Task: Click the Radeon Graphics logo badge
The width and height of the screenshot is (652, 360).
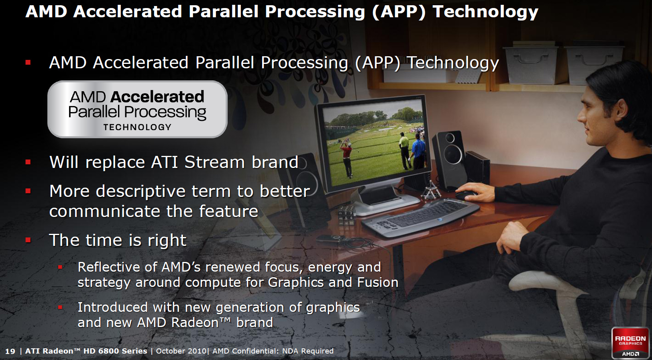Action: click(x=630, y=343)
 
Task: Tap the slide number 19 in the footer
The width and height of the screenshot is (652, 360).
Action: click(x=10, y=351)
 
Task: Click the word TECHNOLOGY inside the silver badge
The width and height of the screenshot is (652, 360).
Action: click(x=137, y=127)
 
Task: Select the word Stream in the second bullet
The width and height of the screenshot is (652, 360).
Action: click(x=215, y=162)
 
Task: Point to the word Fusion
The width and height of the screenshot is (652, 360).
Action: click(x=378, y=282)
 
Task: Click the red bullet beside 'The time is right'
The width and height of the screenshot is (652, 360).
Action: click(x=28, y=240)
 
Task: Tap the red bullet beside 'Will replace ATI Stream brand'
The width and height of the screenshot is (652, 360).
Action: click(x=28, y=162)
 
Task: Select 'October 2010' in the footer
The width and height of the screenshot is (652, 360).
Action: click(x=181, y=351)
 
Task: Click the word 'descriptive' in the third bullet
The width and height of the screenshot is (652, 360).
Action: click(x=141, y=192)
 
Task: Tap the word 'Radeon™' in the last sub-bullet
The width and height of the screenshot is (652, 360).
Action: click(x=201, y=323)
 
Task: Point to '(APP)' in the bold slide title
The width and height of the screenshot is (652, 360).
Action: click(x=399, y=12)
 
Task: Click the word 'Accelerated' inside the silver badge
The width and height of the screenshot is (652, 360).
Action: click(x=157, y=97)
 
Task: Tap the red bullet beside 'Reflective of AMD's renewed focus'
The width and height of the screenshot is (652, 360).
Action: click(x=60, y=267)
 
